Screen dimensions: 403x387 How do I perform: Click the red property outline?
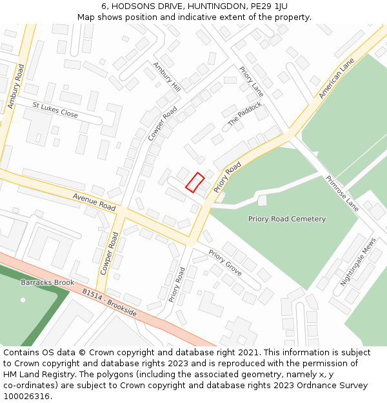[195, 182]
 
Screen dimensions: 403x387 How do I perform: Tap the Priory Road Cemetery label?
[287, 219]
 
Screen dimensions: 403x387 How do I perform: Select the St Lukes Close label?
[55, 110]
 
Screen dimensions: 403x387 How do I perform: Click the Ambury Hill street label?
[167, 77]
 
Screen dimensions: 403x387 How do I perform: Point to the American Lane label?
[337, 79]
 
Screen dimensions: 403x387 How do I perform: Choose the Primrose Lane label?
[342, 193]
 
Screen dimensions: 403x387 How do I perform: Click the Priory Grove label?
[225, 262]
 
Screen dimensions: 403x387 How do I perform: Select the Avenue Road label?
[94, 201]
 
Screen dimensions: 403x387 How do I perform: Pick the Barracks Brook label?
[47, 282]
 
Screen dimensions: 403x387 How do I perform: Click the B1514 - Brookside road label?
[109, 302]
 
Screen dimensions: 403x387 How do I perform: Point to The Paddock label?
[244, 114]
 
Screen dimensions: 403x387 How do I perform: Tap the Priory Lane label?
[252, 82]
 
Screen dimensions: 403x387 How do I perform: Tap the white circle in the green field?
[23, 300]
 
